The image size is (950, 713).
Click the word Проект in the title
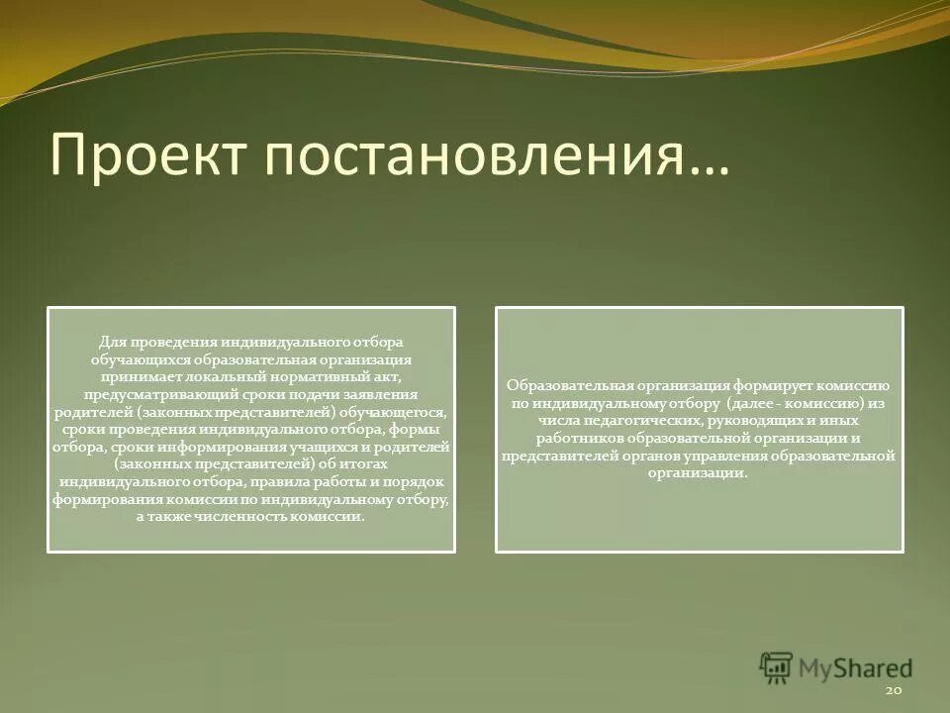(x=146, y=154)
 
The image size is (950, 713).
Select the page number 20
(x=894, y=688)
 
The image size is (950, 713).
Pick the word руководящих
(x=760, y=422)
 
